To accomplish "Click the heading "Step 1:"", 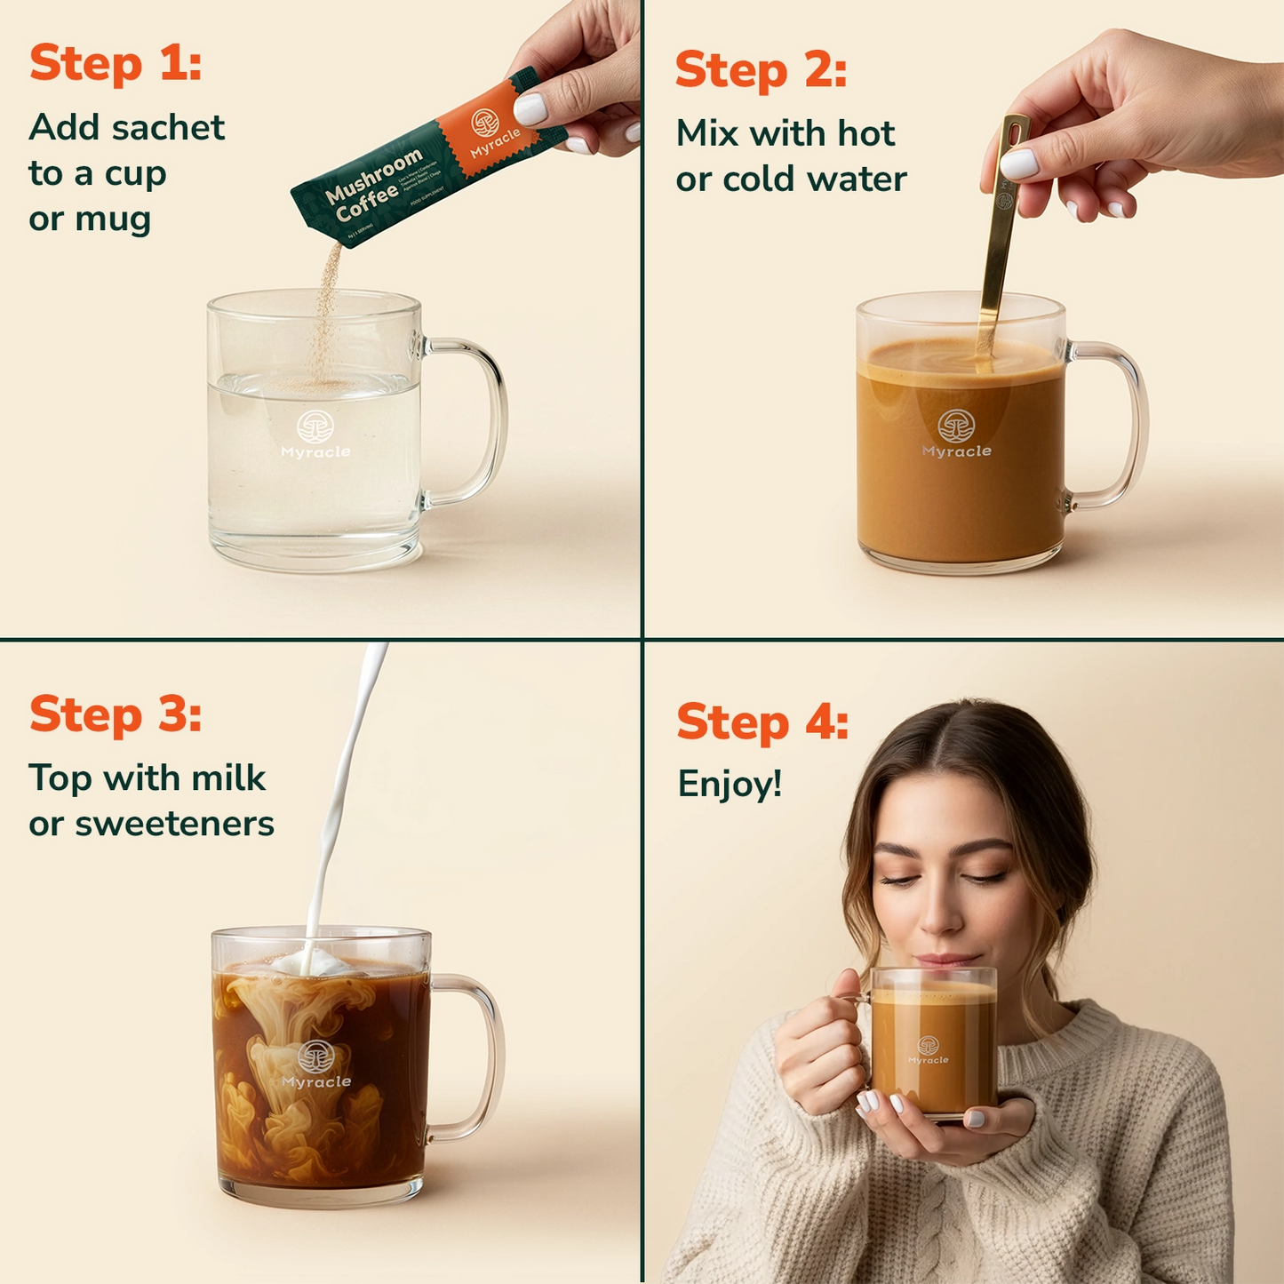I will pyautogui.click(x=116, y=64).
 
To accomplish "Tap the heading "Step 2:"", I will pyautogui.click(x=761, y=70).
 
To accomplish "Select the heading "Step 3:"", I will pyautogui.click(x=116, y=714).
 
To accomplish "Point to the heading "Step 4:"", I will pyautogui.click(x=762, y=722).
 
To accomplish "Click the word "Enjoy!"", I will pyautogui.click(x=730, y=785).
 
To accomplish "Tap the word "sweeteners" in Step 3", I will pyautogui.click(x=174, y=825).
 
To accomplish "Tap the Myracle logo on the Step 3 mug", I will pyautogui.click(x=316, y=1065).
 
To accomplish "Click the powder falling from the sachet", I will pyautogui.click(x=327, y=311).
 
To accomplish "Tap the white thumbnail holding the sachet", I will pyautogui.click(x=530, y=109).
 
